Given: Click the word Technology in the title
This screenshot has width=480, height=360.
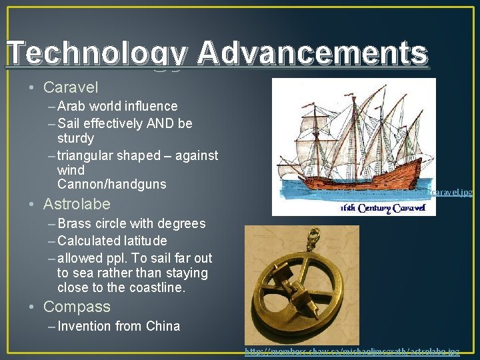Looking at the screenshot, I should (x=97, y=54).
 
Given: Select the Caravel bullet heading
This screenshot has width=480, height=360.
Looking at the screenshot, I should (x=70, y=87).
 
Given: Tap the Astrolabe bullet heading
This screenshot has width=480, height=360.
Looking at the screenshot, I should (x=77, y=204).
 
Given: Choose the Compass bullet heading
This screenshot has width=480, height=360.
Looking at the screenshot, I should (x=77, y=307).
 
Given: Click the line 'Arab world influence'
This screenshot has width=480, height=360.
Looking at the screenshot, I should (x=117, y=106).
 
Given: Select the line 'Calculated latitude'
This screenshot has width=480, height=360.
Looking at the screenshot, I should (x=112, y=241).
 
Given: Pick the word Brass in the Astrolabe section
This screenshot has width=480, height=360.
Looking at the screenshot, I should (x=75, y=223).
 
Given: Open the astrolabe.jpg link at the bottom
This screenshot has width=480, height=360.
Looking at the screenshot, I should (x=352, y=351).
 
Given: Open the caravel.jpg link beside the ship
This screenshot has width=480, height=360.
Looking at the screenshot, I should (x=400, y=193).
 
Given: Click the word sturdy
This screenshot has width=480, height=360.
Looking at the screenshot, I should (x=75, y=139).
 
